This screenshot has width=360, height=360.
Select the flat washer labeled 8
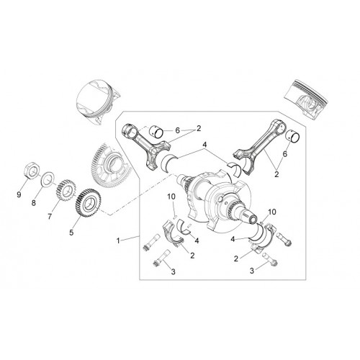pyautogui.click(x=48, y=179)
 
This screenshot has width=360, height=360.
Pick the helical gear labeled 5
pyautogui.click(x=89, y=204)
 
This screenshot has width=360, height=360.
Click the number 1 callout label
pyautogui.click(x=118, y=240)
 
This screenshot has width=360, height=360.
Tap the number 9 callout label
pyautogui.click(x=19, y=194)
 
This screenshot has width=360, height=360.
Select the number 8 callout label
pyautogui.click(x=34, y=203)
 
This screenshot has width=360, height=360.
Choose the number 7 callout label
pyautogui.click(x=50, y=217)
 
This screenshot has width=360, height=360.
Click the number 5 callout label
pyautogui.click(x=71, y=233)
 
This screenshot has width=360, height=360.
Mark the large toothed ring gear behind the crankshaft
pyautogui.click(x=110, y=164)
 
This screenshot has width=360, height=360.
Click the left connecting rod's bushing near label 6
pyautogui.click(x=157, y=132)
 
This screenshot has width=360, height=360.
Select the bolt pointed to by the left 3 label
pyautogui.click(x=161, y=257)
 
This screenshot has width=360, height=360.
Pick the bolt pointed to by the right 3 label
pyautogui.click(x=271, y=259)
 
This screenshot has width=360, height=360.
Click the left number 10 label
pyautogui.click(x=171, y=197)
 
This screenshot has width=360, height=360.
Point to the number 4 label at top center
pyautogui.click(x=204, y=145)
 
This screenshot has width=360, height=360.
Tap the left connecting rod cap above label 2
pyautogui.click(x=173, y=235)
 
